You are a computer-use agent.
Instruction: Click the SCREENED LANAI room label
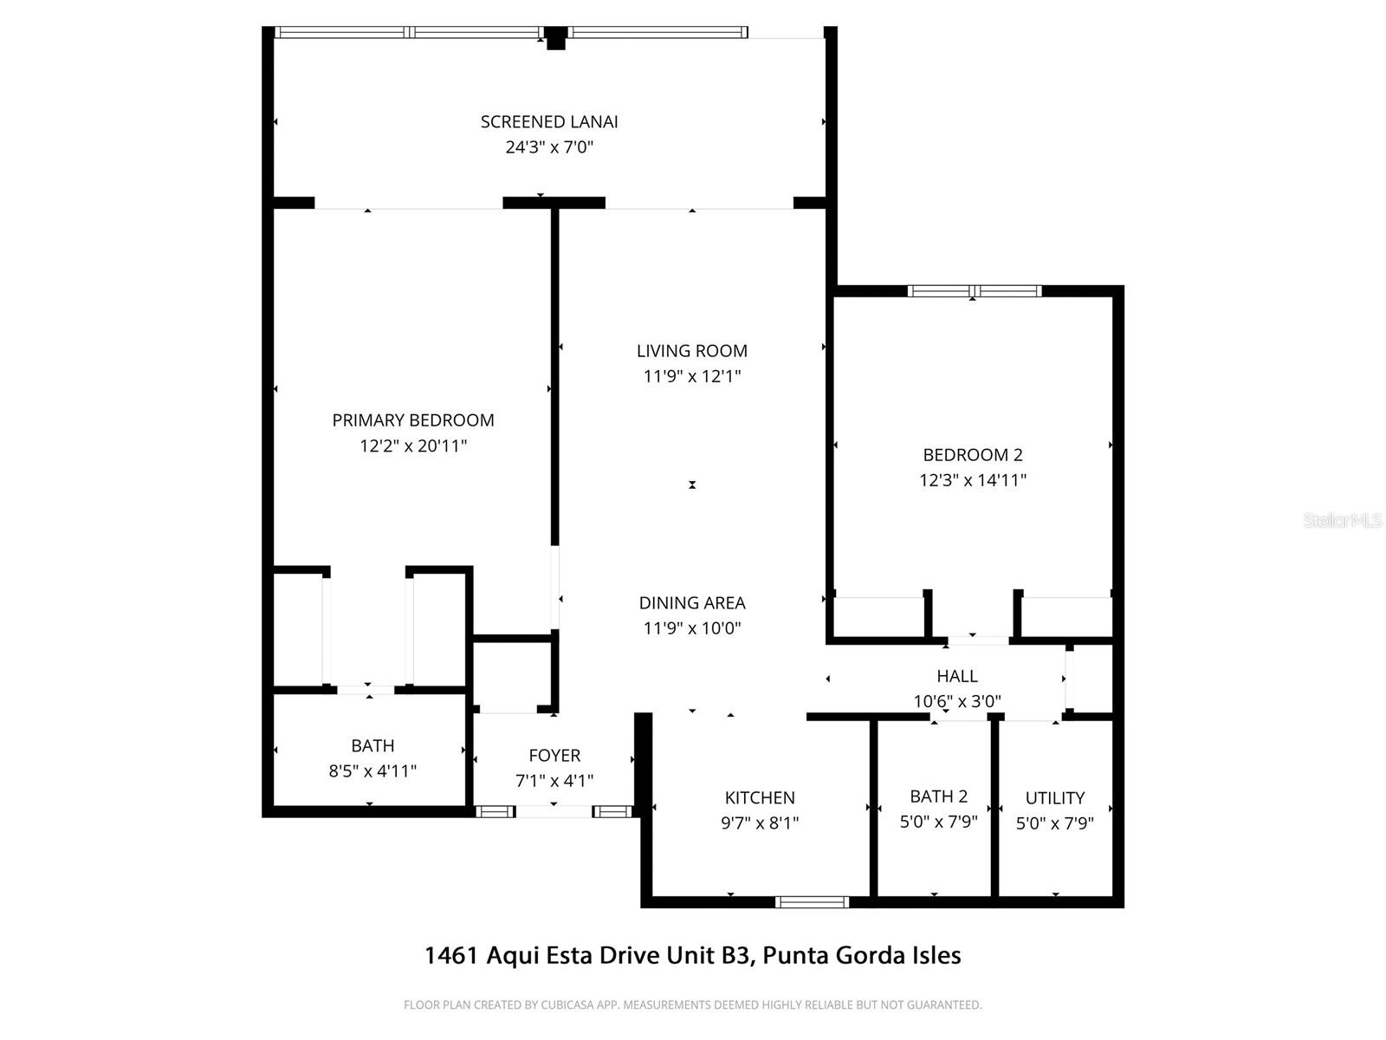pos(549,122)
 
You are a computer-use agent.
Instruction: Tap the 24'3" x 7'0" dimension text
pos(549,147)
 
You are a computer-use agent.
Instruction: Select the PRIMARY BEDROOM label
pos(413,420)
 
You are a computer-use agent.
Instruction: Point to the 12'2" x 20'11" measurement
pos(413,446)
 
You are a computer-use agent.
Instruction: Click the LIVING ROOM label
pos(691,351)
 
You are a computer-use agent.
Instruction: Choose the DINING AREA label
pos(691,603)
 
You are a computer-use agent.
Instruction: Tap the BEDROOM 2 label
pos(972,455)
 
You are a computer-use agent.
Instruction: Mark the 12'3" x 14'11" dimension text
pos(972,480)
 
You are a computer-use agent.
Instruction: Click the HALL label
pos(956,676)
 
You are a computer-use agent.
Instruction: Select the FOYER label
pos(554,756)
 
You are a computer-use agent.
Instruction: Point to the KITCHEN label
pos(760,798)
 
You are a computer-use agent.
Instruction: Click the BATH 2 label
pos(938,796)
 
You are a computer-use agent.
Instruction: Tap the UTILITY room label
pos(1054,798)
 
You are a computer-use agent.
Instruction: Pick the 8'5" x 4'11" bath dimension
pos(372,771)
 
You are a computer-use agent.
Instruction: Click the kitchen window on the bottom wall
pos(812,902)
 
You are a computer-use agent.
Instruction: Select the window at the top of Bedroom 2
pos(974,291)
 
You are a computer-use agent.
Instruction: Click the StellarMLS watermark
pos(1343,521)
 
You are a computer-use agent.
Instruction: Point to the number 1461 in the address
pos(450,956)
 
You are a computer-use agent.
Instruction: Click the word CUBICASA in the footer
pos(567,1005)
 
